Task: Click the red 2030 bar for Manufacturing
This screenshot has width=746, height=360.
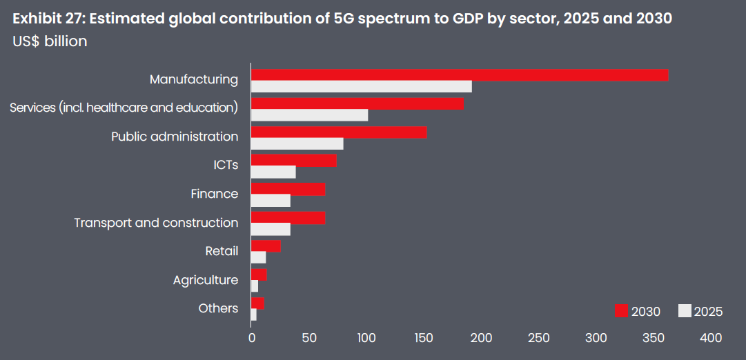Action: click(x=460, y=75)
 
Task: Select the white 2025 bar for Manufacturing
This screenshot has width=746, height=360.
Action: click(x=362, y=87)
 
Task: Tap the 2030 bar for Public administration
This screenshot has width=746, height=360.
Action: click(x=339, y=132)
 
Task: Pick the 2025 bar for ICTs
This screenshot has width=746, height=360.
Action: click(x=273, y=172)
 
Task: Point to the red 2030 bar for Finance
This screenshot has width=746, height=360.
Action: click(x=288, y=190)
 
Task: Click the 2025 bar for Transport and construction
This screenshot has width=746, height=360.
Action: click(x=271, y=230)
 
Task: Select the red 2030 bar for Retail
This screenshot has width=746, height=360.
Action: click(x=266, y=246)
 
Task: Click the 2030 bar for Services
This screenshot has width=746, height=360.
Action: click(x=357, y=104)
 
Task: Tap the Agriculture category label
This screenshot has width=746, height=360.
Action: click(x=206, y=280)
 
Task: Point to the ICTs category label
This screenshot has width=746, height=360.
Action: click(x=226, y=165)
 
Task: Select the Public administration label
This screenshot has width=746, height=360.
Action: click(x=175, y=137)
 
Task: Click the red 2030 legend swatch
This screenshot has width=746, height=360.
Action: click(x=621, y=311)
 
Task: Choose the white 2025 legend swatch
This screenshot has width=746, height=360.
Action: click(x=685, y=311)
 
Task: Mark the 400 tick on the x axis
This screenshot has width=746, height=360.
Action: click(x=710, y=338)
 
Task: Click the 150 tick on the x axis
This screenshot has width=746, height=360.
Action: click(x=424, y=338)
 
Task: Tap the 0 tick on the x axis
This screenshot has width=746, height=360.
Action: click(x=252, y=338)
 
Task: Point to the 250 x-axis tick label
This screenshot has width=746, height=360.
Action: click(x=538, y=338)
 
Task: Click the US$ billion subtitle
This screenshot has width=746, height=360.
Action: click(x=50, y=41)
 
